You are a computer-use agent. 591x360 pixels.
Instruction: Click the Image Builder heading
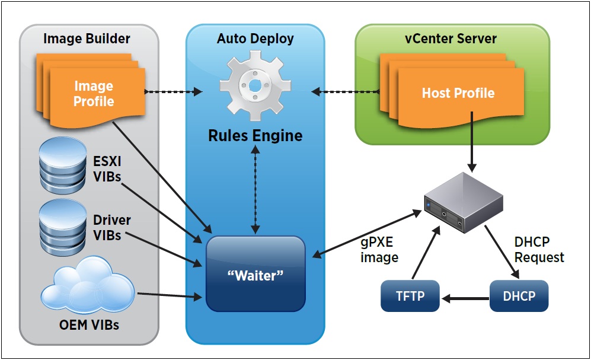coord(87,39)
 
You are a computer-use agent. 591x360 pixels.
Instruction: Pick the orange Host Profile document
coord(458,93)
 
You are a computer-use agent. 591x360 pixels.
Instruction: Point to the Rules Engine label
coord(255,135)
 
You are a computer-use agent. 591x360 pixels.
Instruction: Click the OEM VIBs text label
coord(89,324)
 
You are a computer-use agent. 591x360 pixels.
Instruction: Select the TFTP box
coord(410,295)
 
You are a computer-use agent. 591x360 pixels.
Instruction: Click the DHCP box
coord(519,295)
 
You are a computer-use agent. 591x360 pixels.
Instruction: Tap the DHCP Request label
coord(539,250)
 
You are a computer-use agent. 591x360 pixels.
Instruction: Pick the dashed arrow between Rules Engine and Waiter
coord(255,189)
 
